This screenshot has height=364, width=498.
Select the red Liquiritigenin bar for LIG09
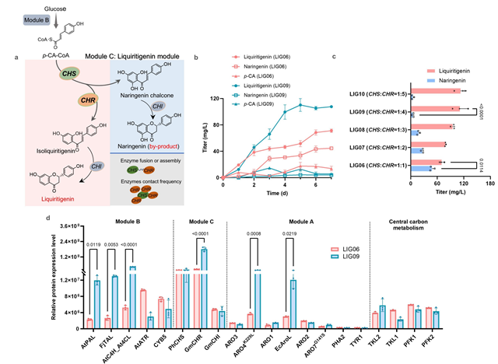[435, 108]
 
